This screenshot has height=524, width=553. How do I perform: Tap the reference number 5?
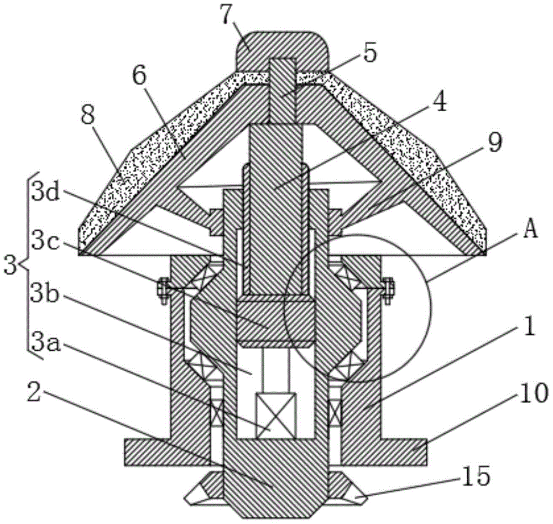click(x=369, y=53)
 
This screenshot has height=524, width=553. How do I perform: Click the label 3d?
click(x=45, y=191)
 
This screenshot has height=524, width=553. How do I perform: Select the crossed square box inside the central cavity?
click(x=275, y=416)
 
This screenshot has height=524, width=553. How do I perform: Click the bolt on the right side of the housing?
click(x=388, y=290)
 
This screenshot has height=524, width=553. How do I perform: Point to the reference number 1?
click(x=528, y=326)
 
